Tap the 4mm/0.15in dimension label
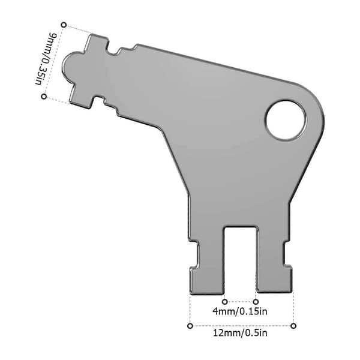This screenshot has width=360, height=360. [240, 311]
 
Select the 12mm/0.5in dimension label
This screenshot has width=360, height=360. [241, 332]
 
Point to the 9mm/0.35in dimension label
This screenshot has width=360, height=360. [44, 59]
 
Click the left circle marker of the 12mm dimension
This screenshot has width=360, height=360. [190, 326]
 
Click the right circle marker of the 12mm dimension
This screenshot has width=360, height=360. [293, 326]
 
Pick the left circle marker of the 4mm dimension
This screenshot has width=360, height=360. [225, 302]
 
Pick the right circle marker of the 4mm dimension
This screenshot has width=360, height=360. [256, 302]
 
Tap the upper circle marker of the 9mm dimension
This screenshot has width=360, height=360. [64, 25]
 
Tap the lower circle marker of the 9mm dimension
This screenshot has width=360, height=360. [44, 97]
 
